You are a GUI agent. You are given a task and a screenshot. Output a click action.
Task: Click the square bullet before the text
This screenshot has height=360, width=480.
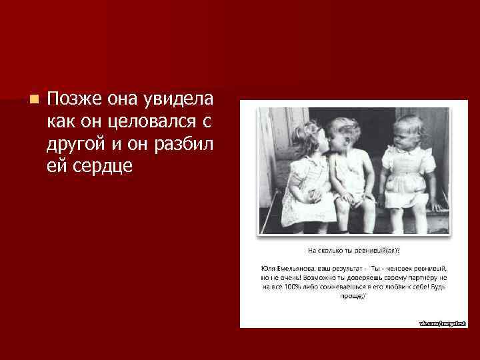[34, 99]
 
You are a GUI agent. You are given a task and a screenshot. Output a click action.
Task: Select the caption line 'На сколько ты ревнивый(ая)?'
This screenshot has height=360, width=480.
[353, 251]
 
